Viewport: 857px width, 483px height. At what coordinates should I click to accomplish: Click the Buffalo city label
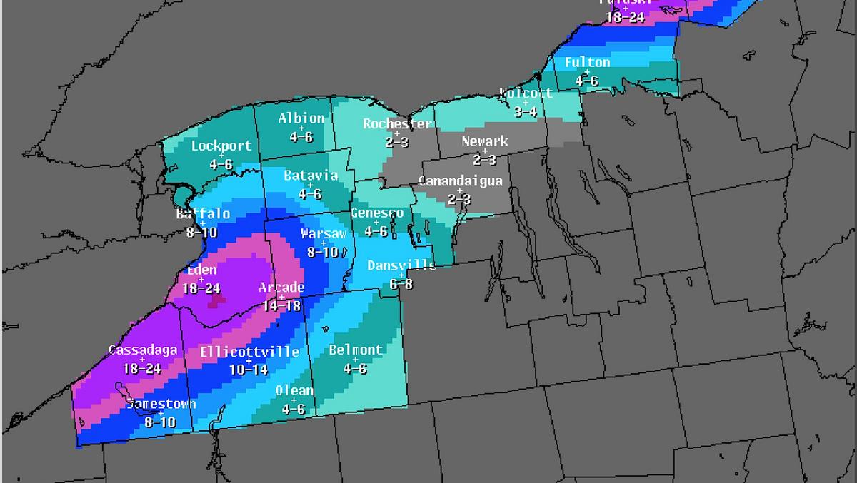204,214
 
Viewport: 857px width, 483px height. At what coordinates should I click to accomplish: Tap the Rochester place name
397,124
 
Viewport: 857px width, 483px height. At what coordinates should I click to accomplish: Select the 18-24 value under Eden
201,289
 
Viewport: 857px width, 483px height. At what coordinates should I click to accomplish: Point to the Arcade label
281,288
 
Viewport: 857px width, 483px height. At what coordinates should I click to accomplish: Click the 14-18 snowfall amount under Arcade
281,305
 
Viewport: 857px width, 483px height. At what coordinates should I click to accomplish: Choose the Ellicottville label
249,352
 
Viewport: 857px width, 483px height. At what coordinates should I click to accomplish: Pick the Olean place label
294,390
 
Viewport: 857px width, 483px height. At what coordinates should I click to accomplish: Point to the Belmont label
356,350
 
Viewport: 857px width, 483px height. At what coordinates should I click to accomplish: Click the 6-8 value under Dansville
401,283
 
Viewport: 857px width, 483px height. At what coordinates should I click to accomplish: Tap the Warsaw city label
324,234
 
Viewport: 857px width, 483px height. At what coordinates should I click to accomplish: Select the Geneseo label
377,213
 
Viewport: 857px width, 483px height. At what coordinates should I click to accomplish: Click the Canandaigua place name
460,181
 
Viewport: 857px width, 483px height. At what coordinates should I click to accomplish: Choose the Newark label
485,141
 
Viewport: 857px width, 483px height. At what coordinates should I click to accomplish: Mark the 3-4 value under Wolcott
526,112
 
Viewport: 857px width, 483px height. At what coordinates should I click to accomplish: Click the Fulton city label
587,63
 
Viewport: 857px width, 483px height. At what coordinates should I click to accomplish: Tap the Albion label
301,118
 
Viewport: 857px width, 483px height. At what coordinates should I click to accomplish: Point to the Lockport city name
221,146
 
